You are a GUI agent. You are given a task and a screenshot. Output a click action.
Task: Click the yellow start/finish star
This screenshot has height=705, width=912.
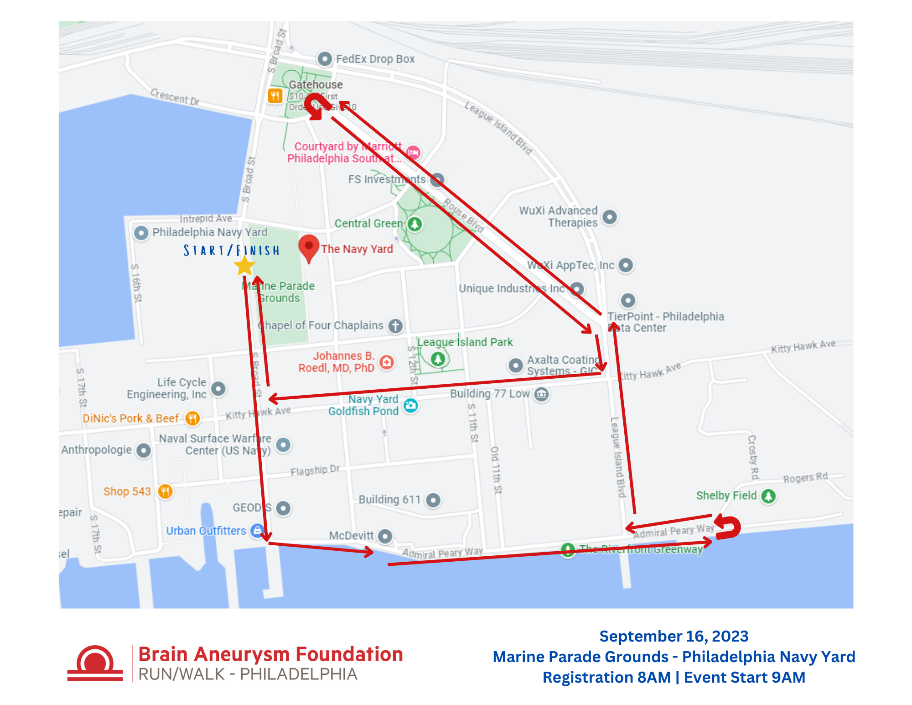point(244,266)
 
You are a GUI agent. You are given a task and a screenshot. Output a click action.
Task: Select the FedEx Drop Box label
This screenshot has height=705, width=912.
point(375,59)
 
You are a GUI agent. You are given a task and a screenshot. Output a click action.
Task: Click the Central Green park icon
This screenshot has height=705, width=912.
point(415,224)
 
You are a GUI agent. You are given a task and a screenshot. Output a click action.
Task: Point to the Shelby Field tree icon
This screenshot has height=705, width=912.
point(768,496)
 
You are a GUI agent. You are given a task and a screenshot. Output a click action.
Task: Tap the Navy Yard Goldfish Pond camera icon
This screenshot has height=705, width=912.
point(411,405)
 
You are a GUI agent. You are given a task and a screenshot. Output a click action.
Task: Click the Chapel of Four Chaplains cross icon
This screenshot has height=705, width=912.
point(395,326)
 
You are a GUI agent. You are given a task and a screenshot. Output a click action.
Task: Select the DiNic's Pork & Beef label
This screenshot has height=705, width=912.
point(130,418)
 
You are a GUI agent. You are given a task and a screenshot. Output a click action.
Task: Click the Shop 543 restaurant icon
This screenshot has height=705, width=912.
point(165,491)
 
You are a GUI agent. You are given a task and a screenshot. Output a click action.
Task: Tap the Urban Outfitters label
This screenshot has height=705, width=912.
point(206,531)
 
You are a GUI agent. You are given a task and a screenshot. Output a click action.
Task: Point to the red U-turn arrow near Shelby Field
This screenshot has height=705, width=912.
point(728,527)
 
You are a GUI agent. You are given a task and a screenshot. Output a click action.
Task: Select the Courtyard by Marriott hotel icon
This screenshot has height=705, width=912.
point(413,152)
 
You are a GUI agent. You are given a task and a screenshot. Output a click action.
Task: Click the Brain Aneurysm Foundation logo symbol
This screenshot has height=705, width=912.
point(95,663)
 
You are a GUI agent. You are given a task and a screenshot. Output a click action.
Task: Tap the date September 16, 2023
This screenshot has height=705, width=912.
point(674,636)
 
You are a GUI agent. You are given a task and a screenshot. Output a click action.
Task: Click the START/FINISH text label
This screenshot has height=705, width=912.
point(231,251)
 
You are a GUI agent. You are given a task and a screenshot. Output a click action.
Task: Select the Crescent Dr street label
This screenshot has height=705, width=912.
point(175,97)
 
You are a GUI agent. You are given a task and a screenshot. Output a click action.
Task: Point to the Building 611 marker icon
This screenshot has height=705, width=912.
point(433,500)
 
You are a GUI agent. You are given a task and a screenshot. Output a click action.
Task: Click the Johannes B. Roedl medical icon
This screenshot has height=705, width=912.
point(387,362)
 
